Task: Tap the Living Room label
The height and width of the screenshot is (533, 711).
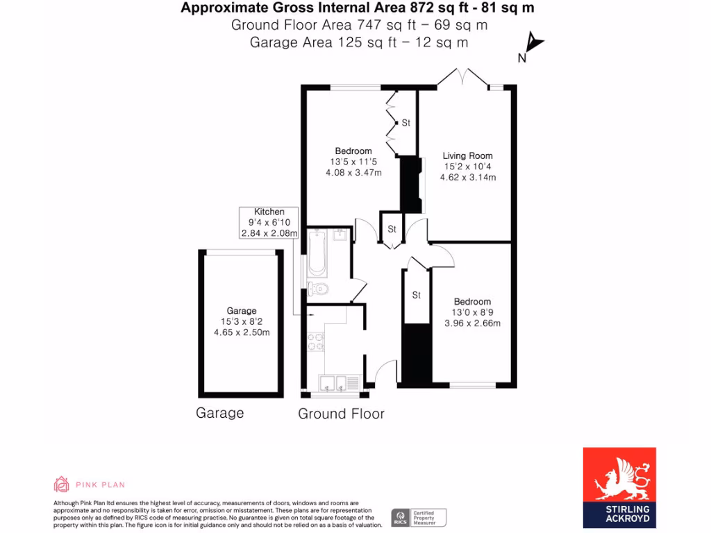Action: click(468, 156)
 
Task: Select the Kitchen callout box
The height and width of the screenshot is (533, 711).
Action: click(269, 223)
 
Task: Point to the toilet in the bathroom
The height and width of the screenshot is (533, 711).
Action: click(318, 289)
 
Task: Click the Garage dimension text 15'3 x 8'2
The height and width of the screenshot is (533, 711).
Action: click(242, 322)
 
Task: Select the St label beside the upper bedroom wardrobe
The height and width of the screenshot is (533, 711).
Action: click(406, 123)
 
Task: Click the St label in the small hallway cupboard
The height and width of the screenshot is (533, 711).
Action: click(392, 229)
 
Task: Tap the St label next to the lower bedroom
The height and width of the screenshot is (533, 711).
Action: click(417, 296)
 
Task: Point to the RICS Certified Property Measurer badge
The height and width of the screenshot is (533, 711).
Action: click(419, 517)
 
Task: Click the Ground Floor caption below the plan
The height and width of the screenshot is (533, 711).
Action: click(341, 414)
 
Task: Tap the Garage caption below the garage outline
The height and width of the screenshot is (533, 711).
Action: click(219, 413)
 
